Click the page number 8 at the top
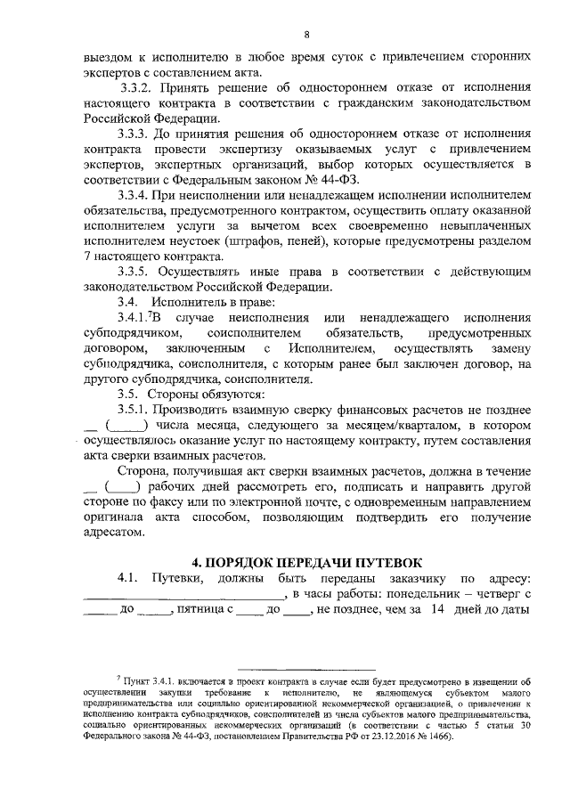[305, 35]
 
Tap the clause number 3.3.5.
[138, 272]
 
